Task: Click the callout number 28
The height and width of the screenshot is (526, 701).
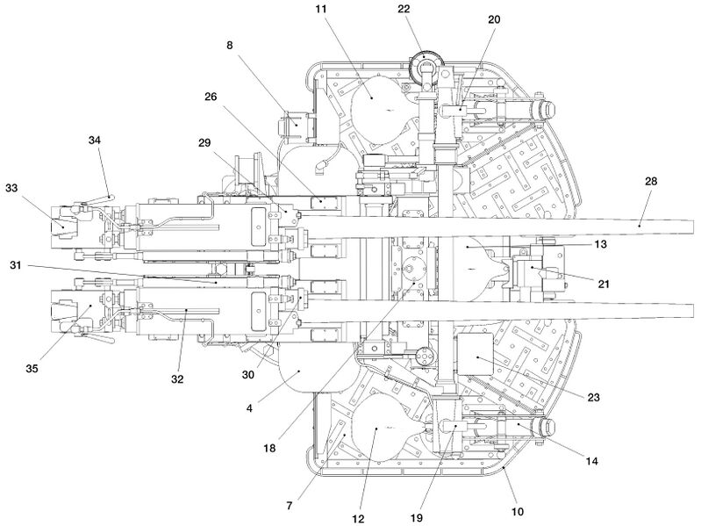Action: pos(651,181)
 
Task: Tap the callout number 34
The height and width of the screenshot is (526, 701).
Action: pos(95,140)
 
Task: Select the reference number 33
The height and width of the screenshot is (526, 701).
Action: pos(11,188)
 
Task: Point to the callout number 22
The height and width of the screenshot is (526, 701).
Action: pos(404,9)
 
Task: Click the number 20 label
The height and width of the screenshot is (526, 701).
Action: pos(494,19)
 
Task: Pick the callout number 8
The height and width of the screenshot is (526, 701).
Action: pos(229,45)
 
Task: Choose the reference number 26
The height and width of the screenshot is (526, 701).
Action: pos(211,97)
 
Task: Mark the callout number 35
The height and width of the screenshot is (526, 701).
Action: pos(32,368)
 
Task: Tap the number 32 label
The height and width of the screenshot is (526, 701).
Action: pos(177,379)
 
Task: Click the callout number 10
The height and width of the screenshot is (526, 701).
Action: pos(517,512)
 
